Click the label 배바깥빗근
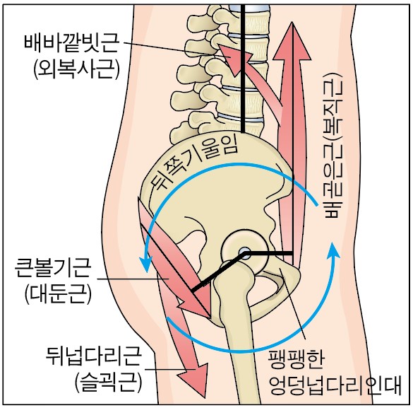click(x=71, y=44)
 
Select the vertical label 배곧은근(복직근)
click(x=334, y=146)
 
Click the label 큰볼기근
click(x=53, y=268)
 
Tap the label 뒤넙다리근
click(x=94, y=356)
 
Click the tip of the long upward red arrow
click(x=292, y=23)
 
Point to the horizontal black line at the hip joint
click(x=269, y=253)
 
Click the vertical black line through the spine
click(x=243, y=69)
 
